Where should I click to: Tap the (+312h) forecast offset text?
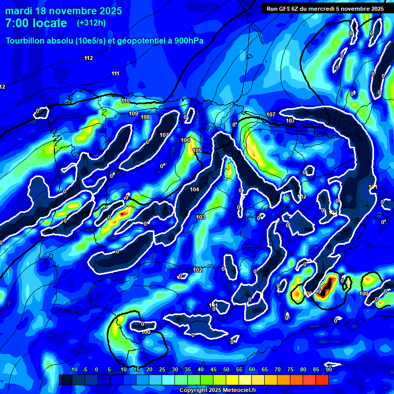click(x=91, y=23)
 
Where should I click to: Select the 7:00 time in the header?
click(x=15, y=23)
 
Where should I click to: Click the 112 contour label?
click(x=89, y=58)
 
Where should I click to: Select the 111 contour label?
click(x=115, y=73)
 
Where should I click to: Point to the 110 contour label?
click(x=126, y=101)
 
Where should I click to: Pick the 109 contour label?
click(x=133, y=113)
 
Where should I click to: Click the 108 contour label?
click(x=145, y=117)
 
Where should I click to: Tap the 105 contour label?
click(x=197, y=150)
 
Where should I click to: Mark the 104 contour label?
click(x=194, y=190)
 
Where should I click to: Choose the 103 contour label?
click(x=201, y=218)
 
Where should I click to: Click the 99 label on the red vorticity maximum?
click(x=318, y=292)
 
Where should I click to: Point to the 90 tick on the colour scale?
click(x=328, y=369)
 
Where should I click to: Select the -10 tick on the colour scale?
click(x=73, y=369)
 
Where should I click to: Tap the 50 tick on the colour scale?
click(x=226, y=369)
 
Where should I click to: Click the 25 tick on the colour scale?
click(x=162, y=369)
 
